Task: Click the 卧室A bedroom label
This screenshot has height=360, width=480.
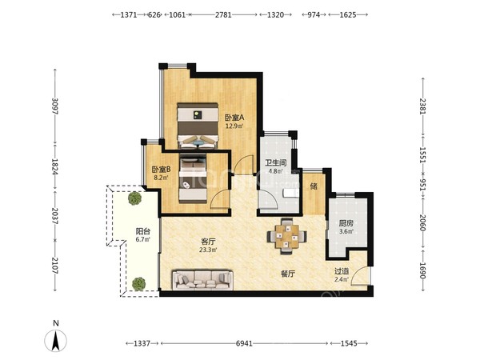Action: point(234,118)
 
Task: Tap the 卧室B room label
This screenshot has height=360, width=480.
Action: point(161,170)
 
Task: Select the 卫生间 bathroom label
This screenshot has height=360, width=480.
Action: point(275,163)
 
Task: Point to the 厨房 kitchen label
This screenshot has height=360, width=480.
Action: point(346,223)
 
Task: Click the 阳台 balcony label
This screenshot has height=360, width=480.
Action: point(143,231)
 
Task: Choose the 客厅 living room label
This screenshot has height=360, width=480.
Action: point(208,242)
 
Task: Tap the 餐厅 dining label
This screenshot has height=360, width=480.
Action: point(288,274)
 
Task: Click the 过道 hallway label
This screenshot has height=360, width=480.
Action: point(342,271)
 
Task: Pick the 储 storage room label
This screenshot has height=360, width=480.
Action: point(314,186)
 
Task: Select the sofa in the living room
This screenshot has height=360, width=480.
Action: point(202,280)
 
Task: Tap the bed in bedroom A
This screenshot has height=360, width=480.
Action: point(198,126)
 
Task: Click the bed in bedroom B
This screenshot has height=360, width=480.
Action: point(193,178)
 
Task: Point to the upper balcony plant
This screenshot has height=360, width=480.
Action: point(134,198)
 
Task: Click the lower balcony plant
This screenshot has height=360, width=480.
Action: point(138,284)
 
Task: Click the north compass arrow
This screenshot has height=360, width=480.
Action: point(55,341)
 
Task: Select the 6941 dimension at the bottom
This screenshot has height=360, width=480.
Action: point(244,343)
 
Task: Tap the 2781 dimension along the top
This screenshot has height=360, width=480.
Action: point(223,14)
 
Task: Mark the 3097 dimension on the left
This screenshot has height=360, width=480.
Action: point(55,106)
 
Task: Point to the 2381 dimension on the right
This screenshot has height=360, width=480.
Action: point(423,106)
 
